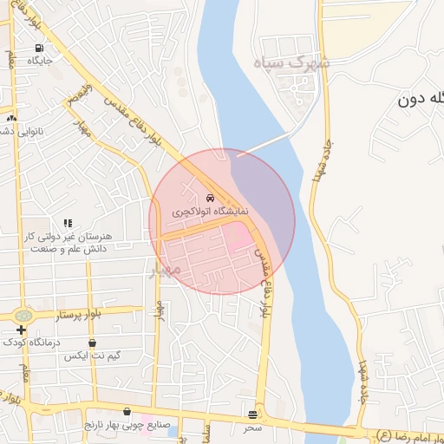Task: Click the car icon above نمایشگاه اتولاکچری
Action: (x=211, y=196)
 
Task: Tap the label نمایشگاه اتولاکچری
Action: (x=210, y=211)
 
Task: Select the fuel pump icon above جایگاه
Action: (x=39, y=48)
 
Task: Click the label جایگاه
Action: (x=40, y=62)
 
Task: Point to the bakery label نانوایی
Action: (x=19, y=130)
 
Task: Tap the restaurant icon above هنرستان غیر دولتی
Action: (x=68, y=223)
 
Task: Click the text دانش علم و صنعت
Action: (x=68, y=249)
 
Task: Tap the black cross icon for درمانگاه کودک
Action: (x=21, y=330)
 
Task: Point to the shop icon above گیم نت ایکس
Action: (x=92, y=343)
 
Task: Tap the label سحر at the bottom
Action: (x=252, y=428)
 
